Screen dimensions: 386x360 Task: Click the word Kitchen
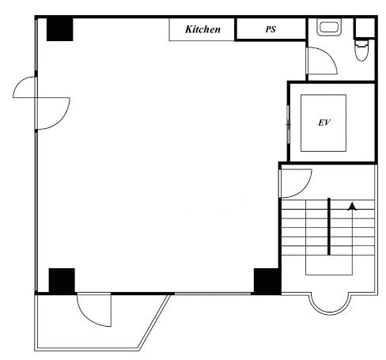click(202, 29)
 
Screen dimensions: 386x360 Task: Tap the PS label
click(271, 29)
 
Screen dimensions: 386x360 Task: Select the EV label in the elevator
click(324, 123)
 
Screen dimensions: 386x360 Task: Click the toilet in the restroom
click(361, 51)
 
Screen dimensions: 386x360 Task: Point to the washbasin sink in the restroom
click(329, 27)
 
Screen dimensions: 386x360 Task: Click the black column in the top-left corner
click(59, 28)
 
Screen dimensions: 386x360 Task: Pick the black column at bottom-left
click(62, 281)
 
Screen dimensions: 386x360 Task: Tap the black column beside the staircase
click(267, 282)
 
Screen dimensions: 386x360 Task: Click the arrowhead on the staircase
click(352, 207)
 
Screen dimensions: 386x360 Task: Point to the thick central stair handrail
click(329, 226)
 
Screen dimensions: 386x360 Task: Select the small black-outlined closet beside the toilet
click(365, 28)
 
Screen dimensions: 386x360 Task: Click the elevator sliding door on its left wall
click(289, 124)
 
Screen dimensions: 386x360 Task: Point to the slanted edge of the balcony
click(154, 322)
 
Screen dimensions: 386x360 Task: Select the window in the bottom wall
click(213, 294)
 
